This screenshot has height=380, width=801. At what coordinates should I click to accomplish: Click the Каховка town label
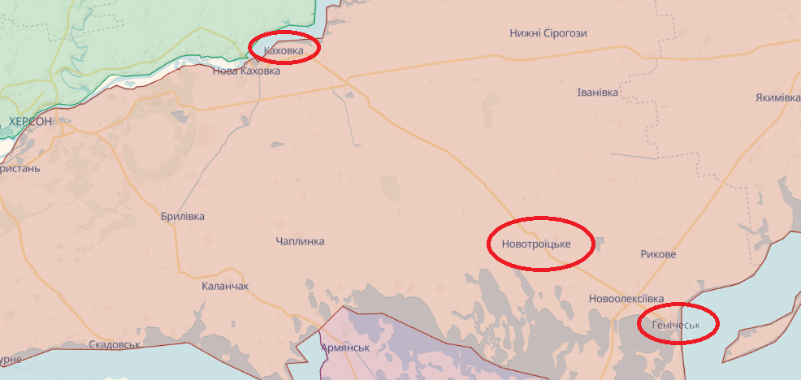(x=284, y=51)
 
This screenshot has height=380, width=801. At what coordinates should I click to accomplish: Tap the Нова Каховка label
(x=246, y=71)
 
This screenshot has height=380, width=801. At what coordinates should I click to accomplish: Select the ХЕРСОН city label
(x=30, y=121)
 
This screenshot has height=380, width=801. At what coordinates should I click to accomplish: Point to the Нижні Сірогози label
(x=548, y=33)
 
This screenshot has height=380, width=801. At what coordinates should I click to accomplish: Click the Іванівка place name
(x=597, y=93)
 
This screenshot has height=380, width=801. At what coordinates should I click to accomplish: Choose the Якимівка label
(x=777, y=97)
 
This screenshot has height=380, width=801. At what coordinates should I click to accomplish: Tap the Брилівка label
(x=183, y=217)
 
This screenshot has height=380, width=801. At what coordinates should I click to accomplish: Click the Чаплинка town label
(x=300, y=241)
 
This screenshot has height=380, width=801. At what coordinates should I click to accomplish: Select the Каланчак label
(x=225, y=287)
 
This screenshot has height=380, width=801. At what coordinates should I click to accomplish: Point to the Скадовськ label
(x=115, y=344)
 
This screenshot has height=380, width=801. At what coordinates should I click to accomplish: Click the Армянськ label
(x=345, y=348)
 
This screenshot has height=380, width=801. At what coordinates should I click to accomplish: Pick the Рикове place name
(x=658, y=254)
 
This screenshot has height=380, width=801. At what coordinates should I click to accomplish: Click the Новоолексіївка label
(x=626, y=299)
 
